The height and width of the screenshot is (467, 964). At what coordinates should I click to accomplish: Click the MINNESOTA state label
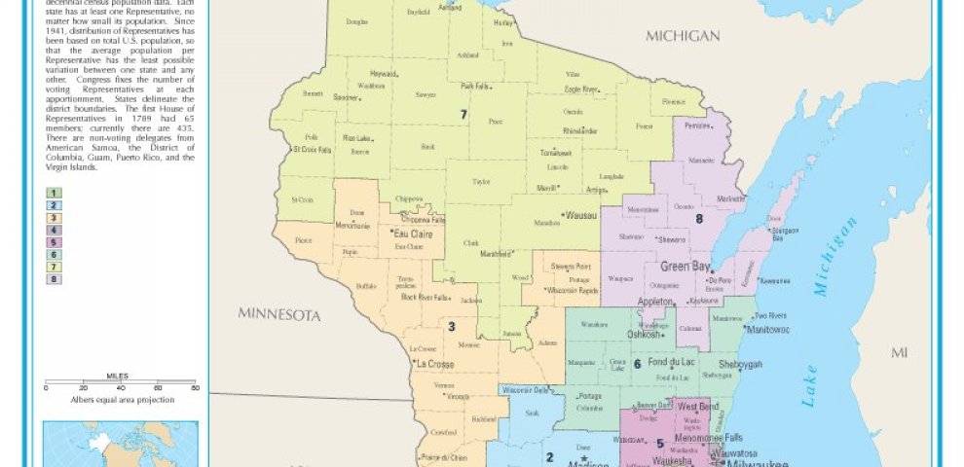point(279,315)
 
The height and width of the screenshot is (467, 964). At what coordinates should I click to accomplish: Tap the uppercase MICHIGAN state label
point(682,36)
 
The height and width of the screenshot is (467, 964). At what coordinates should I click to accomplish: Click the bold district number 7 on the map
point(464,115)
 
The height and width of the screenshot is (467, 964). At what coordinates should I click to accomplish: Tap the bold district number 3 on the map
point(451,326)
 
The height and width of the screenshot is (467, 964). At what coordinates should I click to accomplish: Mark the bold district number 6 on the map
point(637,364)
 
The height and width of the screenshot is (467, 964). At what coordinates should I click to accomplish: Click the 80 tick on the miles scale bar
point(196,388)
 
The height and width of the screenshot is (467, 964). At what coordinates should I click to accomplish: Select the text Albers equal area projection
point(122,400)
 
